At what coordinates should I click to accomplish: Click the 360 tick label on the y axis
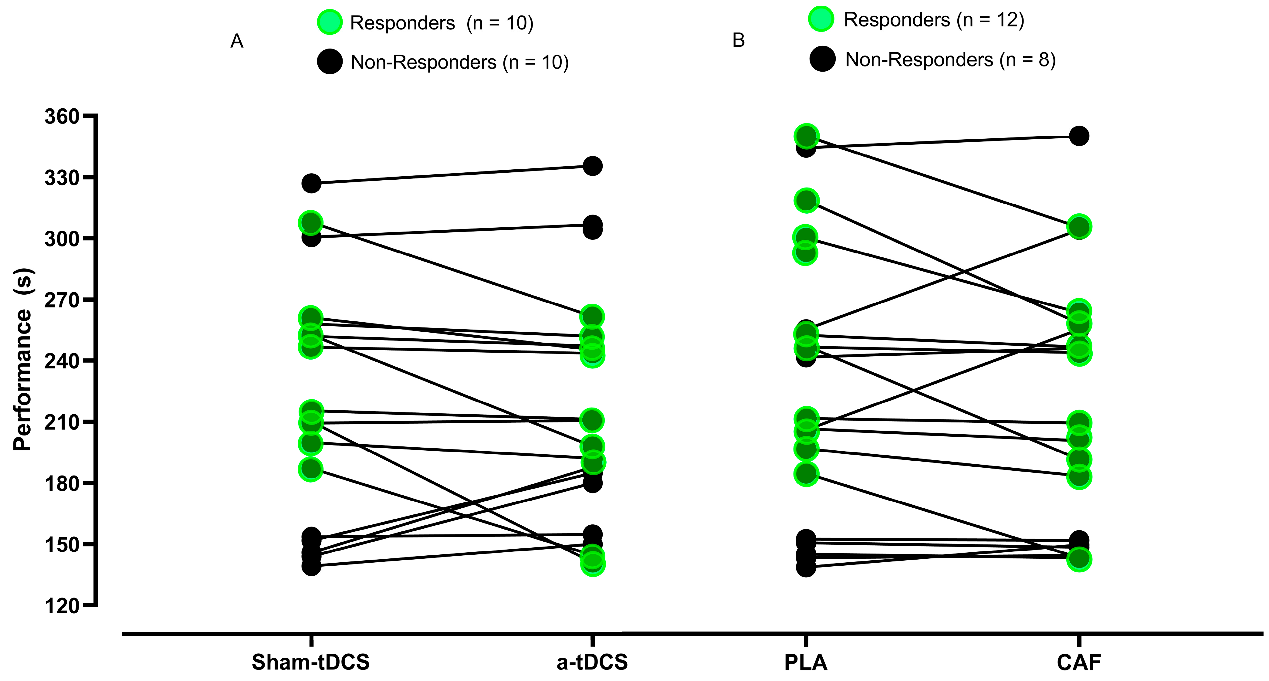pyautogui.click(x=62, y=117)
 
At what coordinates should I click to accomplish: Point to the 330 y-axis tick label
pyautogui.click(x=62, y=178)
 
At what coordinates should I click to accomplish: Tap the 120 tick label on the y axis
pyautogui.click(x=62, y=606)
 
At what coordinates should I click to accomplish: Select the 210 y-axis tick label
pyautogui.click(x=62, y=422)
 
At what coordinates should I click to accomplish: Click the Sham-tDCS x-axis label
pyautogui.click(x=310, y=662)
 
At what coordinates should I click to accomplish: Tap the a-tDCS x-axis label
pyautogui.click(x=592, y=662)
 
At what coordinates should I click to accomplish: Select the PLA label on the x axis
pyautogui.click(x=806, y=662)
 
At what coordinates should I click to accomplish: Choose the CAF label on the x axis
pyautogui.click(x=1079, y=662)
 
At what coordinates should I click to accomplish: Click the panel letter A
pyautogui.click(x=237, y=41)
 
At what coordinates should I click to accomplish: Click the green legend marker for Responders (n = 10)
pyautogui.click(x=330, y=22)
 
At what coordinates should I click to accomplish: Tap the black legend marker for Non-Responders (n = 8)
pyautogui.click(x=822, y=59)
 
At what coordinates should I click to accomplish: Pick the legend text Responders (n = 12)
pyautogui.click(x=934, y=20)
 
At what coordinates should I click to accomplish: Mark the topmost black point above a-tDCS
pyautogui.click(x=592, y=166)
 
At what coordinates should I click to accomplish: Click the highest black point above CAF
pyautogui.click(x=1079, y=136)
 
